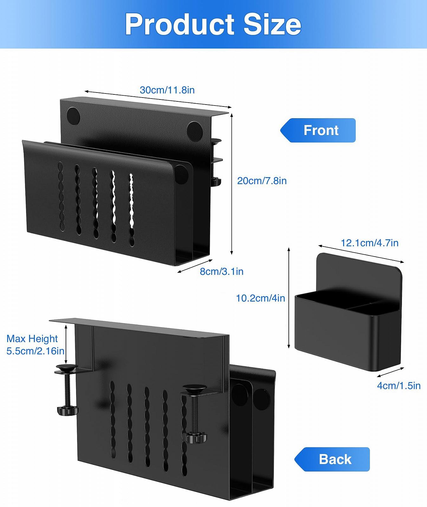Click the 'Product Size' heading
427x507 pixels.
(x=213, y=24)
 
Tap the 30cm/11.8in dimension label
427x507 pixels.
(x=167, y=90)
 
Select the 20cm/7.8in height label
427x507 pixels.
(x=262, y=181)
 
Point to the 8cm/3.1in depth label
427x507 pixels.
(x=222, y=272)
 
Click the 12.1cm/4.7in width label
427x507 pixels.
(x=369, y=243)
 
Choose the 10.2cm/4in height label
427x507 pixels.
(x=260, y=298)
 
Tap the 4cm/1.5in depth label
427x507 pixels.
(x=398, y=386)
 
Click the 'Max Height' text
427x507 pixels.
(x=32, y=339)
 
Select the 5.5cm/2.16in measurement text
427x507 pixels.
(x=36, y=351)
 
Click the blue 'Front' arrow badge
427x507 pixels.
(x=318, y=130)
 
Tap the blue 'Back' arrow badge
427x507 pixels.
(x=332, y=459)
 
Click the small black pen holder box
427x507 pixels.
(x=348, y=330)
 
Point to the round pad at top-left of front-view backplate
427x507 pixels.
(x=73, y=116)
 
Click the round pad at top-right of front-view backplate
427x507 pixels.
(x=194, y=130)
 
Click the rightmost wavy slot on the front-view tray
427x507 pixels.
(x=131, y=209)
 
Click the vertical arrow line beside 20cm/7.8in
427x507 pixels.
(x=232, y=184)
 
